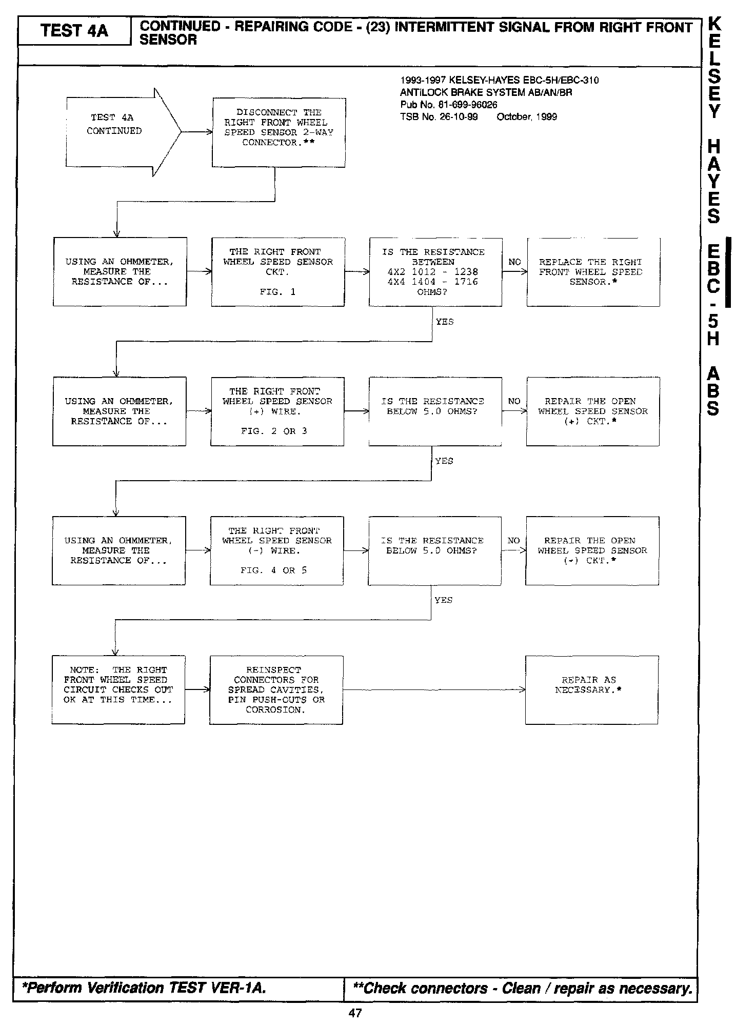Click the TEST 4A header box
click(74, 31)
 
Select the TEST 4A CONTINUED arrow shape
click(123, 132)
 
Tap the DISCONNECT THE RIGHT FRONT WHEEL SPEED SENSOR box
click(279, 132)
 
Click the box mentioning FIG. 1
click(277, 272)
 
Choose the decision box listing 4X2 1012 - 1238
click(435, 272)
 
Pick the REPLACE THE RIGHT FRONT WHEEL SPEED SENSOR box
click(593, 272)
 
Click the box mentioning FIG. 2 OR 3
click(277, 411)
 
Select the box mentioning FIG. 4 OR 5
click(276, 550)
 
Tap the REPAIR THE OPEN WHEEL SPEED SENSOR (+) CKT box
click(592, 411)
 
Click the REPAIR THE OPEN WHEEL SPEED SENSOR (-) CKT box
click(592, 550)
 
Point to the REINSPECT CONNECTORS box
click(276, 690)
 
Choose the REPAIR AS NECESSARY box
click(591, 690)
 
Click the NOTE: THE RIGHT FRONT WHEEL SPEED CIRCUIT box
click(118, 690)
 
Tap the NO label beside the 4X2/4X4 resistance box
click(514, 262)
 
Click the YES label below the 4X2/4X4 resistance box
click(445, 322)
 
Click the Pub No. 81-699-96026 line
click(449, 105)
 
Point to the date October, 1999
click(527, 117)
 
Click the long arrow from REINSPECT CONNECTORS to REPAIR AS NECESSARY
click(433, 690)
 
